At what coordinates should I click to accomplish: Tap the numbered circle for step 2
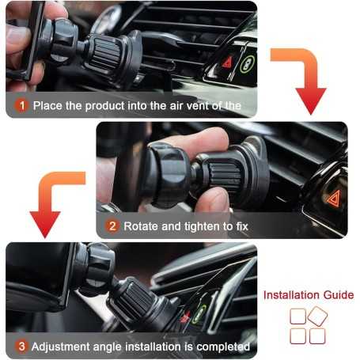[x=112, y=226]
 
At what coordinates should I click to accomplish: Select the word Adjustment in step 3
[x=64, y=347]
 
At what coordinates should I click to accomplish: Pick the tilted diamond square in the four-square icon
[x=318, y=316]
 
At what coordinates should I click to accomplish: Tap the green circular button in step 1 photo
[x=246, y=63]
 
